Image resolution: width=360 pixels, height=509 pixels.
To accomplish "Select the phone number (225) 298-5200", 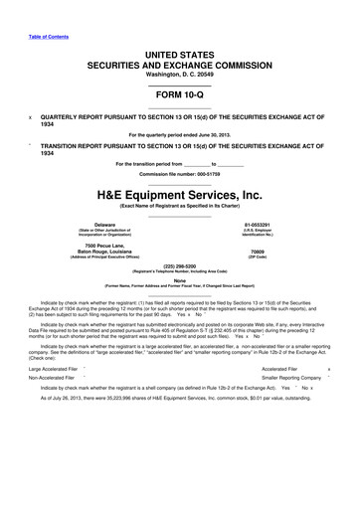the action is click(x=179, y=266).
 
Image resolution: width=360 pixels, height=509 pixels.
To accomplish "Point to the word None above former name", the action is click(x=179, y=280).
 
